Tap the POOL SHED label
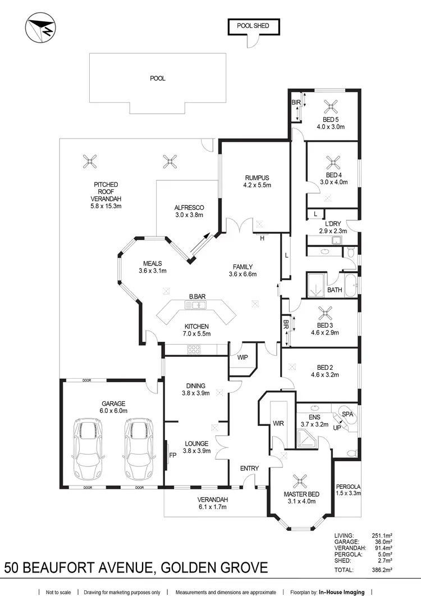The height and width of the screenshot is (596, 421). (253, 26)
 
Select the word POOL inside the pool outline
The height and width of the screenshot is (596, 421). (158, 79)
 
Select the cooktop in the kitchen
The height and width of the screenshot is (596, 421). (194, 349)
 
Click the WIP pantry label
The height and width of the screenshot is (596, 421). (242, 357)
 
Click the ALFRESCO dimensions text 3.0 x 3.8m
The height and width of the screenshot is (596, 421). (189, 214)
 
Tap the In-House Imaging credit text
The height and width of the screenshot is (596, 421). (341, 592)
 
